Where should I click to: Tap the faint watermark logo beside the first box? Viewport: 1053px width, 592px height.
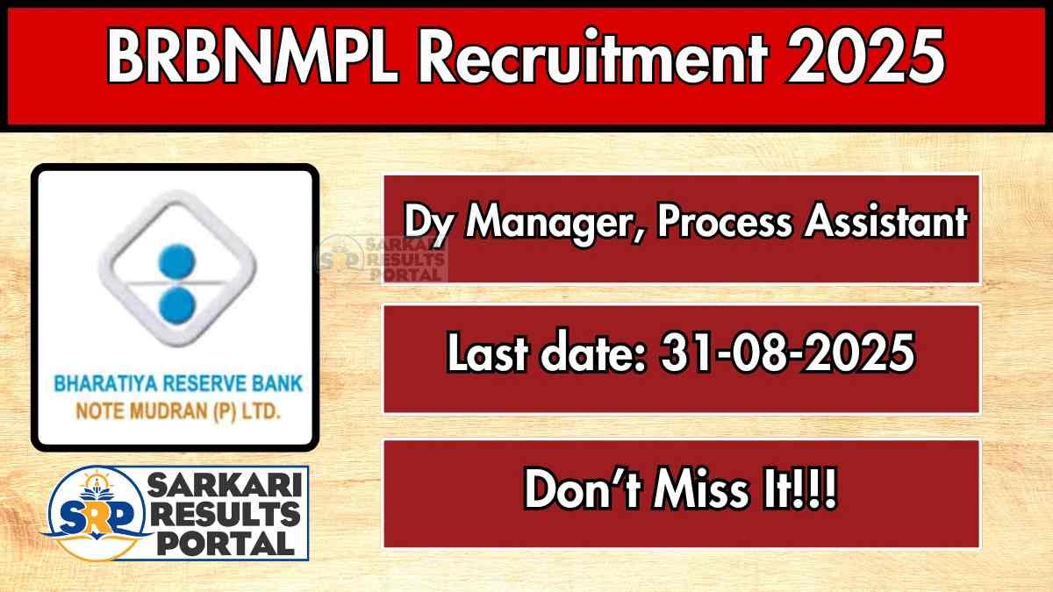click(383, 260)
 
